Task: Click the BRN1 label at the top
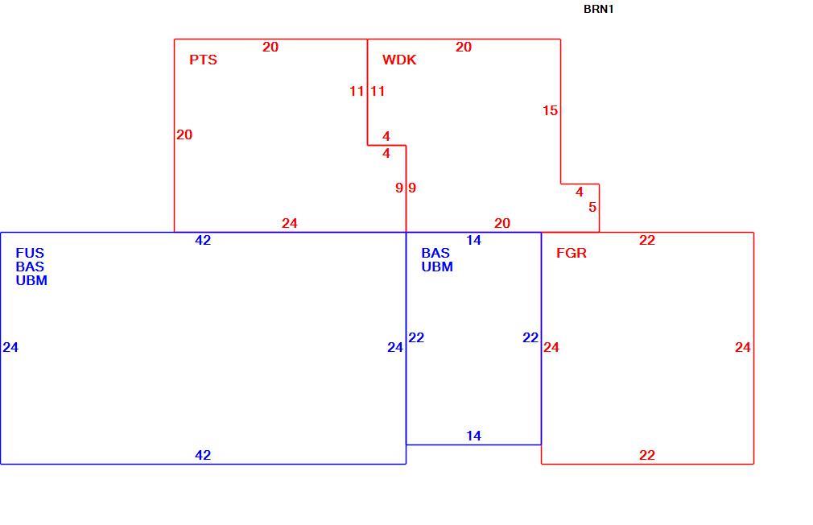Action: coord(598,10)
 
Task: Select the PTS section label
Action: coord(203,60)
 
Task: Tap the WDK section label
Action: coord(399,60)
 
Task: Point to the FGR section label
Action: coord(572,253)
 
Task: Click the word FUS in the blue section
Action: coord(30,253)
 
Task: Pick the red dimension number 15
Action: coord(550,110)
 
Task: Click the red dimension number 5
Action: coord(592,208)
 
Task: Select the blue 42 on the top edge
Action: coord(203,240)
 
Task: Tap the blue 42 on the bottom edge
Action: coord(203,456)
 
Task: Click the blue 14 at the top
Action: coord(473,240)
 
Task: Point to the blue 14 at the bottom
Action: coord(473,436)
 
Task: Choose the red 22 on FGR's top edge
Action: coord(647,240)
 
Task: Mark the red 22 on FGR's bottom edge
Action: coord(647,456)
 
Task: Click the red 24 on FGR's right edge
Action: coord(742,348)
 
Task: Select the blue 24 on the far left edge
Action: coord(10,348)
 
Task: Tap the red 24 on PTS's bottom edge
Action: coord(289,224)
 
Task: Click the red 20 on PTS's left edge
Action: coord(184,135)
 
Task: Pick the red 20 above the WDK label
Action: coord(464,48)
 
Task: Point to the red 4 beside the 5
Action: coord(579,192)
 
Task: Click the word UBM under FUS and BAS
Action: coord(31,281)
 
